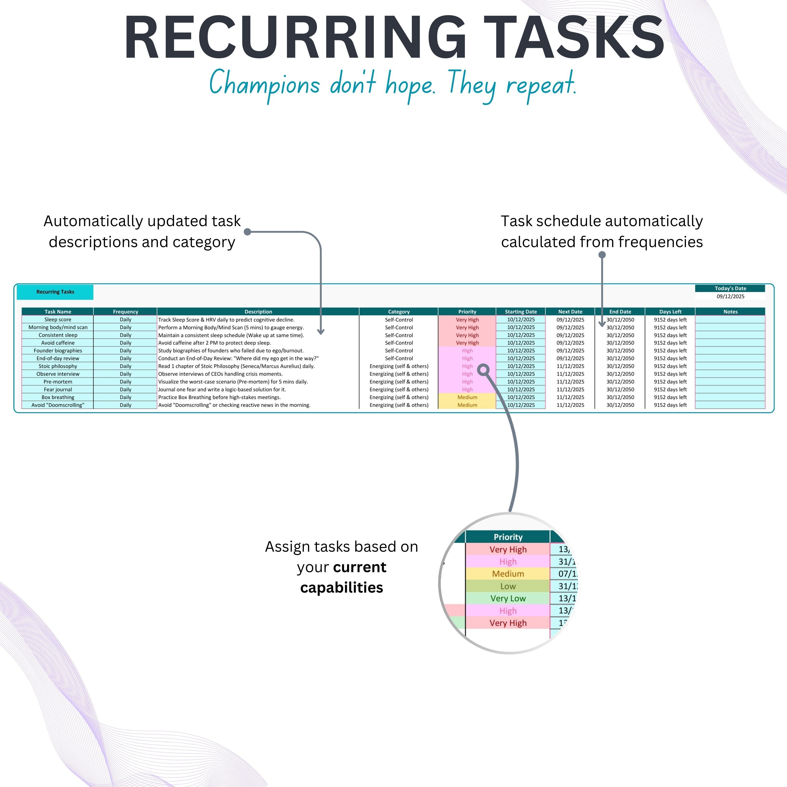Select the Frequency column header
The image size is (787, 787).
[125, 312]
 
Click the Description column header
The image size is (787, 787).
[258, 312]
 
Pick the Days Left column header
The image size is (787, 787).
[670, 312]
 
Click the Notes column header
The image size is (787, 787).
[730, 312]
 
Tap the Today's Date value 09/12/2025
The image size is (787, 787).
[730, 296]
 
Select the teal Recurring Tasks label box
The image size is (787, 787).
[55, 292]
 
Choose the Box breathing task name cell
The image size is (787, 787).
[58, 397]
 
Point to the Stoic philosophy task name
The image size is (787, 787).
[58, 366]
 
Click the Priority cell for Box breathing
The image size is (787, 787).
[467, 397]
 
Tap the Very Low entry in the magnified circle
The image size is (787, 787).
[508, 598]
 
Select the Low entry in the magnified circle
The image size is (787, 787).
[508, 586]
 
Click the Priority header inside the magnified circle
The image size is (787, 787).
[508, 537]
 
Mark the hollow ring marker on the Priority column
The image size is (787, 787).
[483, 370]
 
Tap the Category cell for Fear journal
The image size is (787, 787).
[399, 389]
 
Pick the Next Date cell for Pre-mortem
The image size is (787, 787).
[570, 382]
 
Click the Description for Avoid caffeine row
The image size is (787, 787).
[215, 343]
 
